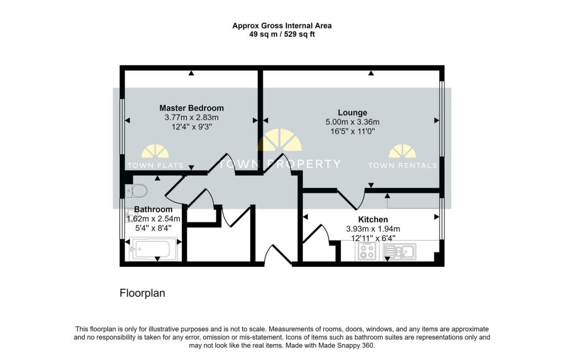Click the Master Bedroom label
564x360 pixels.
coord(191,108)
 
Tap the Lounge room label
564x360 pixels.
coord(352,112)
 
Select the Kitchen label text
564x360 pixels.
coord(373,220)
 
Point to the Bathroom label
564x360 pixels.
coord(153,209)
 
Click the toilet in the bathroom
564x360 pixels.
coord(137,190)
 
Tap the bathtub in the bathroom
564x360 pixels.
coord(153,249)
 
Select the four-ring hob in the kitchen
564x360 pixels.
coord(367,250)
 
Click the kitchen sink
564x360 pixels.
coord(399,252)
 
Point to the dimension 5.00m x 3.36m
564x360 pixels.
coord(352,122)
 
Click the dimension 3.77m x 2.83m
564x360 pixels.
coord(191,117)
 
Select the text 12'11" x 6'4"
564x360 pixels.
coord(373,238)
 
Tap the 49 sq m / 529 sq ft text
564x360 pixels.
coord(282,35)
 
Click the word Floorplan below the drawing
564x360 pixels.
coord(143,293)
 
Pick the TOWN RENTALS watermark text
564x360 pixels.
coord(403,166)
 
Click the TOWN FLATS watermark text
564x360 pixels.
coord(155,166)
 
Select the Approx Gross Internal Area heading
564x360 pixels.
coord(282,25)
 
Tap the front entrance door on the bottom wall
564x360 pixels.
coord(278,255)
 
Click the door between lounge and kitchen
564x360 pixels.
coord(351,200)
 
